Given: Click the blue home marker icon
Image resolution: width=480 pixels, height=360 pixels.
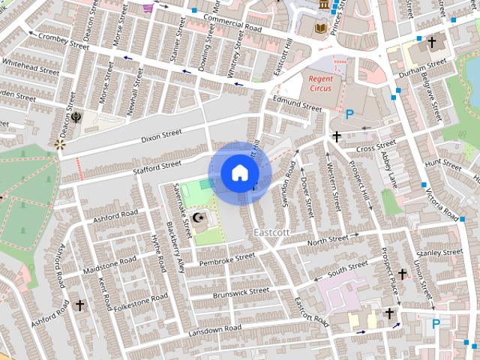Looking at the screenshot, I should coord(239,172).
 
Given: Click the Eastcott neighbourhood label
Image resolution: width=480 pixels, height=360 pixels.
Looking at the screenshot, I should coord(271,232).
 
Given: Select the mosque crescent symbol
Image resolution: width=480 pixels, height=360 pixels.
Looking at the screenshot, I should coord(199,217).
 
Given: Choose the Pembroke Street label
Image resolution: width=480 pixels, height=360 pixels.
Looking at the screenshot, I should coord(227,259).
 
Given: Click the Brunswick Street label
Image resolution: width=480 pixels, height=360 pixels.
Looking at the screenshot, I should coord(241,292).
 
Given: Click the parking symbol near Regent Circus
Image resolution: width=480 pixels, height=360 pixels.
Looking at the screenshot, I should coord(349,114).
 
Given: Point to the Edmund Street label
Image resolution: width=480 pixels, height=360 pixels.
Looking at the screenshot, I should coord(297,103).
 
